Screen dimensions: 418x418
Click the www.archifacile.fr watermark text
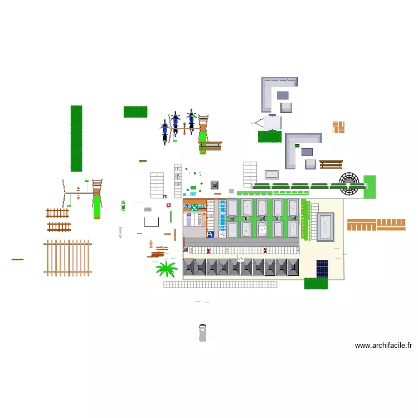point(384,346)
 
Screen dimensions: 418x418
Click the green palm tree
point(166,270)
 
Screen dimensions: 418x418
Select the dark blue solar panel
point(322,269)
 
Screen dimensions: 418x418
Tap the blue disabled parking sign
point(211,235)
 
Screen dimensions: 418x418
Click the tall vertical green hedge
point(76,138)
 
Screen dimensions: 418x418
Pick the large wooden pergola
point(67,257)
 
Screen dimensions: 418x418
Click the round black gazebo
point(351,183)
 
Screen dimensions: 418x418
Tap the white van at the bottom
point(202,332)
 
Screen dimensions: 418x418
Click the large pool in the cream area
point(325,226)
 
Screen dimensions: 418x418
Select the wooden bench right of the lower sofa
point(331,164)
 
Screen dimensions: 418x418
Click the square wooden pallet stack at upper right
point(339,127)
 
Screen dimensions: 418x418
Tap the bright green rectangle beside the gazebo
point(370,186)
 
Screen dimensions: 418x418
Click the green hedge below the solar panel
point(315,284)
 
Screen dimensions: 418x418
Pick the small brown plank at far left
point(17,260)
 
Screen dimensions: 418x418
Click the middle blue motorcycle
point(176,123)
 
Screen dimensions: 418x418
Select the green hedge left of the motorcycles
point(135,111)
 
